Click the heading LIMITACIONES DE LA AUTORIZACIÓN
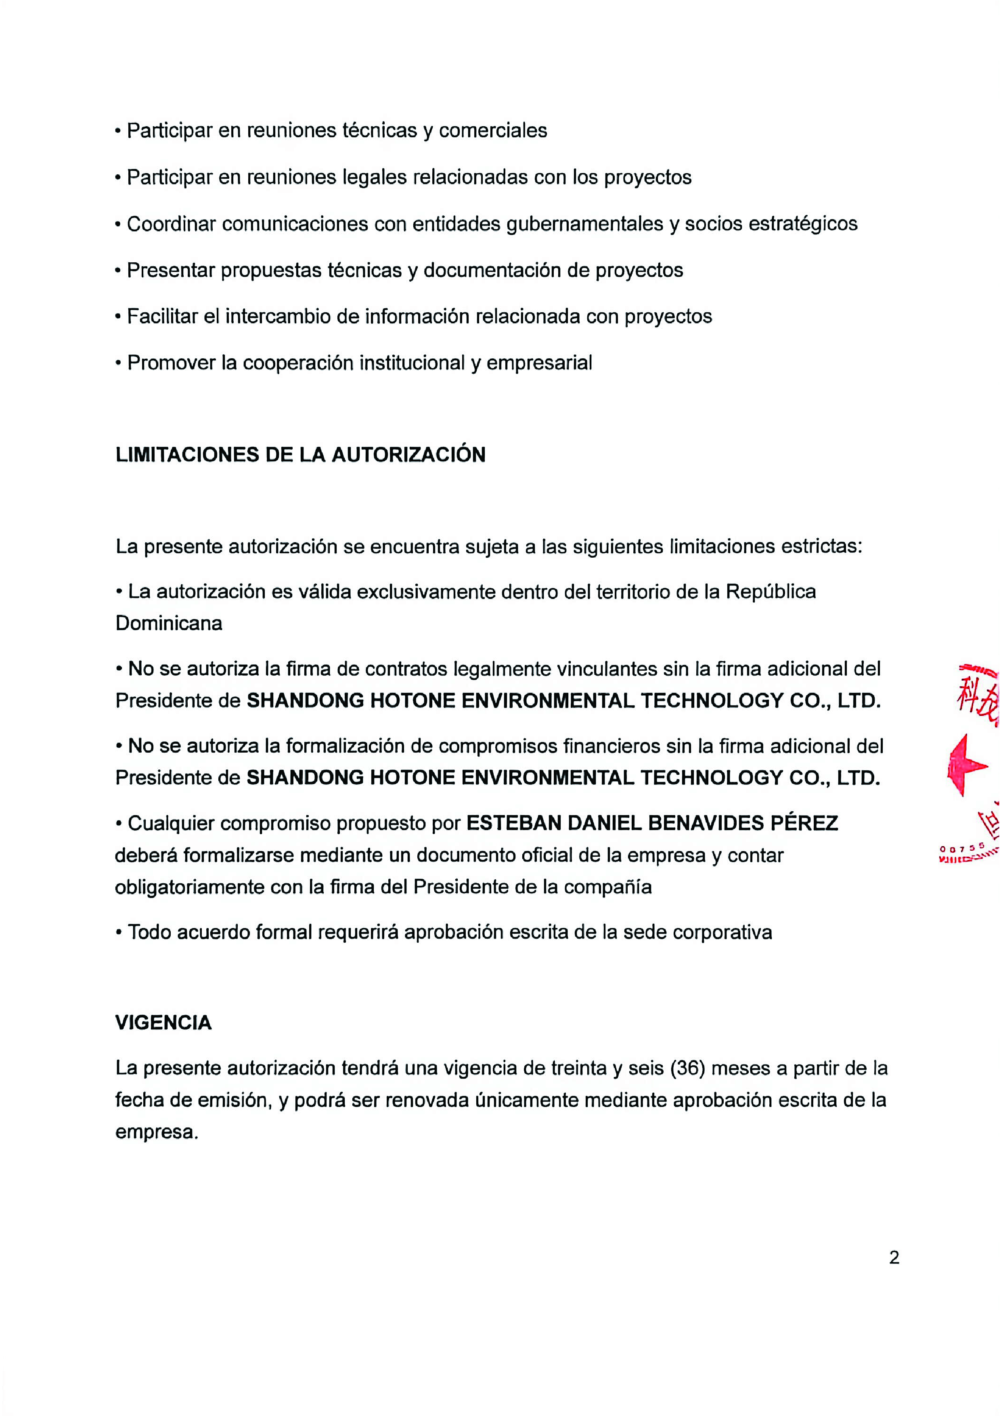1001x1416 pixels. click(x=300, y=454)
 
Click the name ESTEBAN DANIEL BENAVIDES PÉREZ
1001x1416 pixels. click(x=652, y=823)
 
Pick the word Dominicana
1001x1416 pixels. click(x=169, y=623)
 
